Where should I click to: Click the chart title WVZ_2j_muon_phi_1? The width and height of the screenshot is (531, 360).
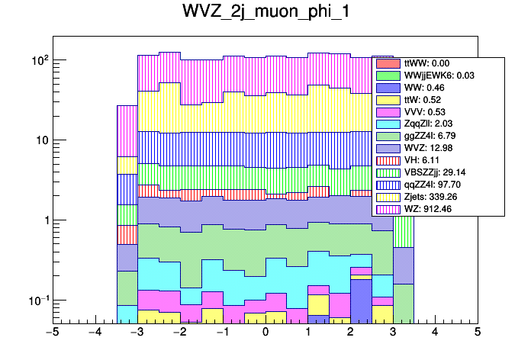265,13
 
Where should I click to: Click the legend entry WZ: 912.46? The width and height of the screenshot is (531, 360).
428,208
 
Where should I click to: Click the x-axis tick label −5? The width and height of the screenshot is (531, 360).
53,333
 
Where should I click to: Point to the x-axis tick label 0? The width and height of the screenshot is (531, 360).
265,333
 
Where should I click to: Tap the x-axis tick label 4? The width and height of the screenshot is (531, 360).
435,333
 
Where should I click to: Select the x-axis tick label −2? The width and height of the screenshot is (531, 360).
180,333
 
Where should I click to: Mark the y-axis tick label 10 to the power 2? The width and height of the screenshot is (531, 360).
37,59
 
